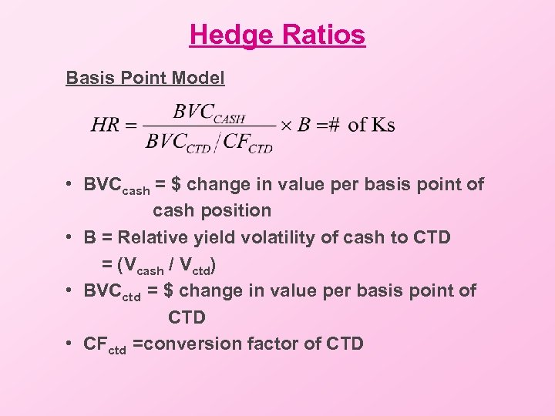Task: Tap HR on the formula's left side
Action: (x=105, y=125)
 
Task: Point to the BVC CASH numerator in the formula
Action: (x=208, y=112)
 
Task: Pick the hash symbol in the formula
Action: (x=333, y=125)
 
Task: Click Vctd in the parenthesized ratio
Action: (x=195, y=267)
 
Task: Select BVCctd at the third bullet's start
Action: (x=119, y=292)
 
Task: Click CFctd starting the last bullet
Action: (x=105, y=344)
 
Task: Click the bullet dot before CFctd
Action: (x=70, y=344)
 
